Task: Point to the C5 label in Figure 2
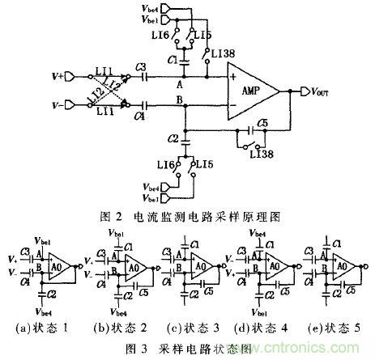click(259, 124)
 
